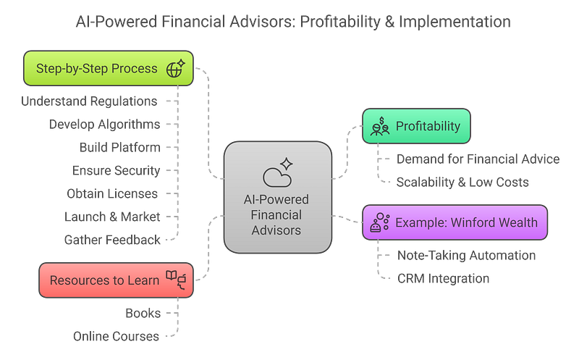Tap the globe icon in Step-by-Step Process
click(x=175, y=69)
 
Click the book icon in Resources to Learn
click(x=177, y=280)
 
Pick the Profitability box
click(x=416, y=126)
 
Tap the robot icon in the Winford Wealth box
click(x=379, y=222)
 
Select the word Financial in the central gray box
click(x=276, y=215)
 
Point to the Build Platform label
click(x=120, y=148)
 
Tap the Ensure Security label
click(x=117, y=171)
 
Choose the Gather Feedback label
click(x=112, y=239)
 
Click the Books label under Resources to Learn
click(x=143, y=312)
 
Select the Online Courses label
click(x=117, y=335)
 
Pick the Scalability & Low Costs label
click(x=462, y=183)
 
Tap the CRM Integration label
click(x=444, y=278)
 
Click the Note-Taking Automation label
click(x=467, y=255)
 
